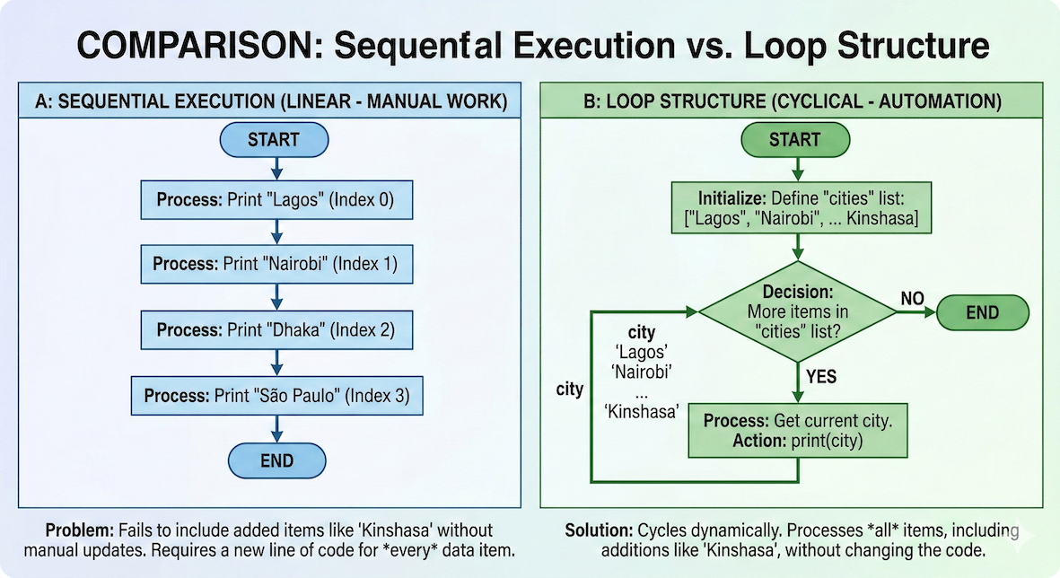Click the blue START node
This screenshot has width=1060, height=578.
[275, 140]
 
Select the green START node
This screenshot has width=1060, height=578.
[794, 140]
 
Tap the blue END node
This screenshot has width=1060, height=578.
[276, 460]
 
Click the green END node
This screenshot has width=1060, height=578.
[982, 313]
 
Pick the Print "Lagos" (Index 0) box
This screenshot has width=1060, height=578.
[276, 200]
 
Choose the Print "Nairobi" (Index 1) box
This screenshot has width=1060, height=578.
[276, 265]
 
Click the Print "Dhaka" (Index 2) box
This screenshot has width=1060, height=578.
[276, 329]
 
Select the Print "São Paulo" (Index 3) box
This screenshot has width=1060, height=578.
[276, 396]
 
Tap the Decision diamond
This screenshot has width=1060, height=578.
[797, 311]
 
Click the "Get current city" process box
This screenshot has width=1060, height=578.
[798, 430]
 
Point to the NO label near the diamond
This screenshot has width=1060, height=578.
[911, 297]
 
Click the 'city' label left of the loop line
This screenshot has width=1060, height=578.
[570, 389]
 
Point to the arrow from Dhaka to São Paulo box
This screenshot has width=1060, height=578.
[276, 363]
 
